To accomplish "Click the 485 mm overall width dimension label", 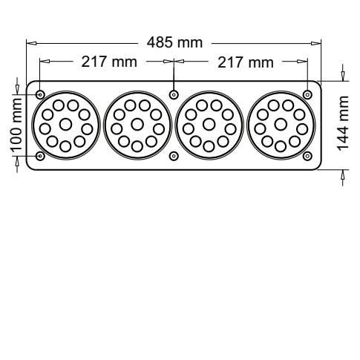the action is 174,42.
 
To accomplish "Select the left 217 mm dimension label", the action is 109,62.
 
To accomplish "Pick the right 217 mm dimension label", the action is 246,62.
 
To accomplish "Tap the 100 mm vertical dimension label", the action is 16,125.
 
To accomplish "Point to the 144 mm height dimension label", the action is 343,123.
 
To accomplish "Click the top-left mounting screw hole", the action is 40,94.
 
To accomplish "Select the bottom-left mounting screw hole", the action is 40,156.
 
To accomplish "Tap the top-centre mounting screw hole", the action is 174,94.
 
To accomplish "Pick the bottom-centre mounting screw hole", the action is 174,156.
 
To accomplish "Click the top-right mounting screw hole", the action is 307,94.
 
